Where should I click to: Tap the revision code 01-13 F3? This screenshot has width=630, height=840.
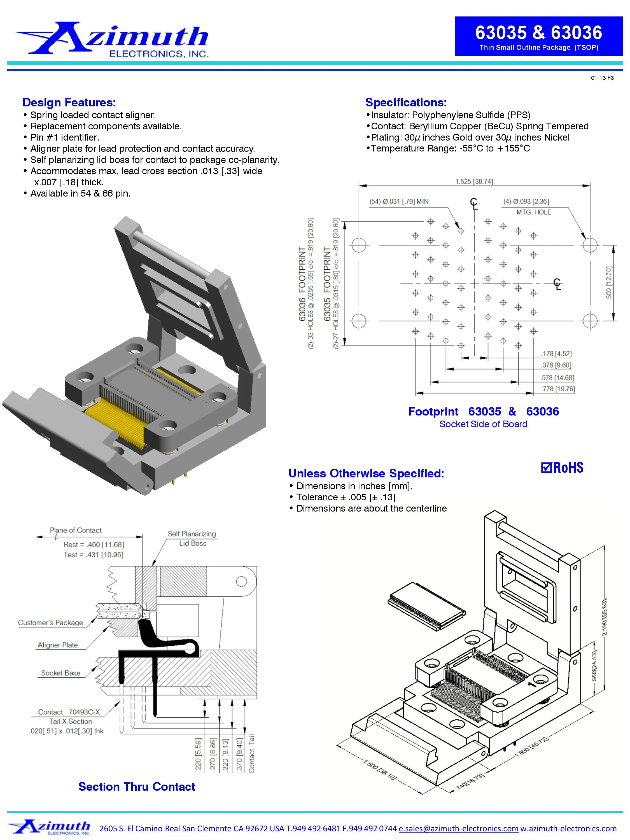(x=602, y=78)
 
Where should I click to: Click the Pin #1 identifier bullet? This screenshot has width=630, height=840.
(x=65, y=137)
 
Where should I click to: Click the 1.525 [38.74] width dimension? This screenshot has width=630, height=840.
(x=474, y=181)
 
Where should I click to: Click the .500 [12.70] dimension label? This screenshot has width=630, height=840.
(x=609, y=283)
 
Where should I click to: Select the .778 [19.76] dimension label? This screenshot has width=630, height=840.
(x=558, y=389)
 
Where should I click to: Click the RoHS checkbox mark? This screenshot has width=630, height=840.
(x=546, y=468)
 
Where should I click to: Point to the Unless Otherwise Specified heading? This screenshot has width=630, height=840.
(x=366, y=473)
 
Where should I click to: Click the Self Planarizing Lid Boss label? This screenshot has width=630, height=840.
(x=192, y=538)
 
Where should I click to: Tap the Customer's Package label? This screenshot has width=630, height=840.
(x=50, y=623)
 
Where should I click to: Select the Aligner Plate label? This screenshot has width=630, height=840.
(x=57, y=645)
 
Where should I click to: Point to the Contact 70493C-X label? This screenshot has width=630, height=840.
(x=69, y=712)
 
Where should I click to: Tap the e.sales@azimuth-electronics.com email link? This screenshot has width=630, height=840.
(x=458, y=829)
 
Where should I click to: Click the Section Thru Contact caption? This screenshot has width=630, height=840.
(x=136, y=787)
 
